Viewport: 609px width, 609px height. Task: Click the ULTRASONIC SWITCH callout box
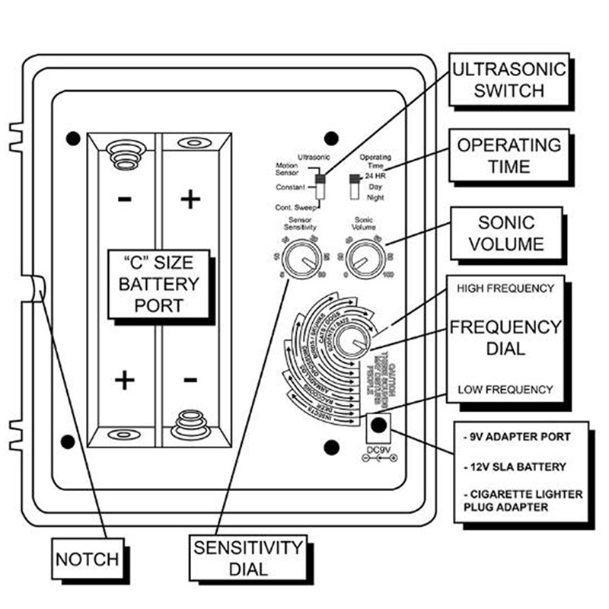coord(509,80)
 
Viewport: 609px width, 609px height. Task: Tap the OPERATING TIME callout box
coord(508,155)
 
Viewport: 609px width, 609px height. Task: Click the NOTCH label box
coord(87,560)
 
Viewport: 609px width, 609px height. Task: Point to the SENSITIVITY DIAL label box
coord(247,557)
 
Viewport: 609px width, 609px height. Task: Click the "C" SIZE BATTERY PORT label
coord(156,283)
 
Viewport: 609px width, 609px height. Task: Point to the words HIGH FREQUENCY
coord(505,289)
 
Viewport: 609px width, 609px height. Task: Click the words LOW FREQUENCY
coord(505,389)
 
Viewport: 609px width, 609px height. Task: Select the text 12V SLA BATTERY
coord(511,465)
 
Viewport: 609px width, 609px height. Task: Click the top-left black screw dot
coord(72,138)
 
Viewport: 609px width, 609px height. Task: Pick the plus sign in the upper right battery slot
coord(190,199)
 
